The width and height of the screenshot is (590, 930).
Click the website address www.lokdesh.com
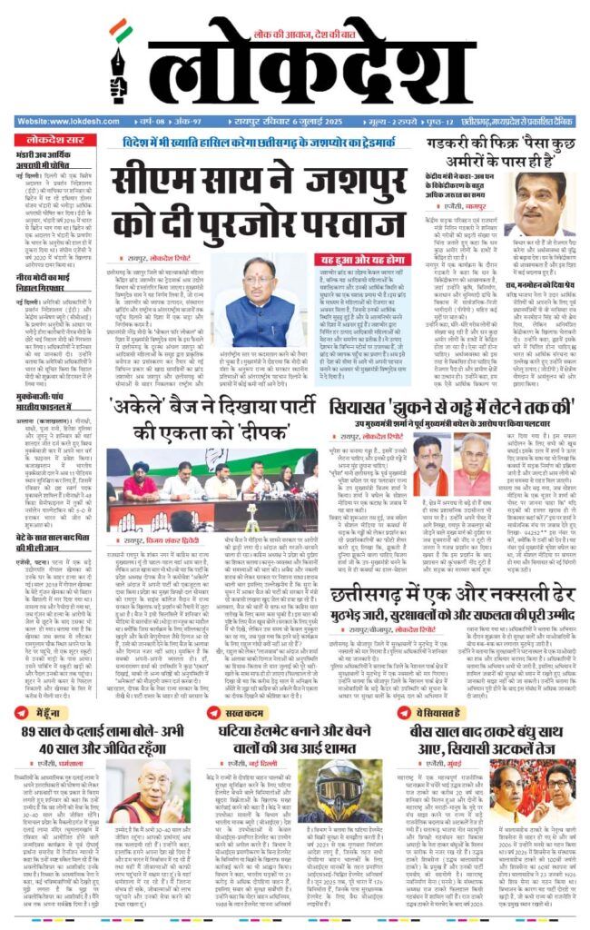[60, 121]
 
